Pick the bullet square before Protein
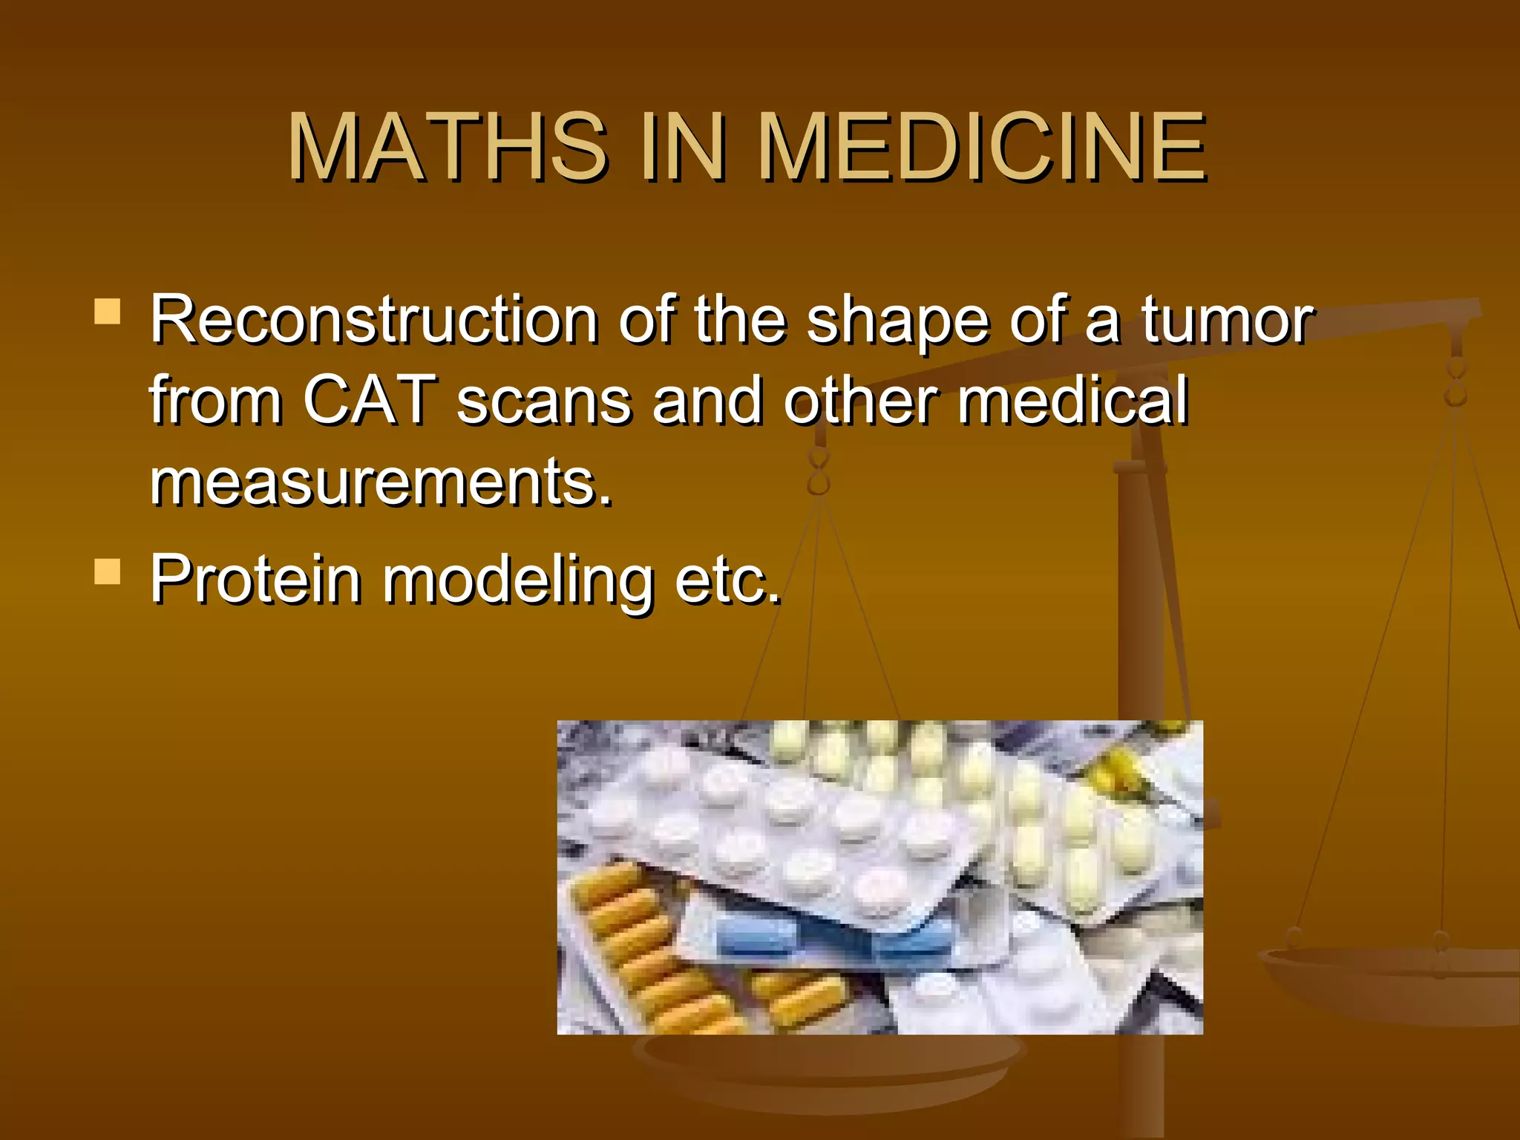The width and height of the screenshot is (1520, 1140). [108, 572]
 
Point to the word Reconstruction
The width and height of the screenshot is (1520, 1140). [374, 320]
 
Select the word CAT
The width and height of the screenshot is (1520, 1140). [369, 401]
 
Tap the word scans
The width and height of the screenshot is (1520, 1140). [543, 402]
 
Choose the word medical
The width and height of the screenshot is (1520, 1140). [1072, 401]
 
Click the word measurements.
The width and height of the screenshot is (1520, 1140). [380, 482]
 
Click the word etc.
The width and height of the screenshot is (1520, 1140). [727, 580]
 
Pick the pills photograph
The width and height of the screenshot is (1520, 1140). [879, 877]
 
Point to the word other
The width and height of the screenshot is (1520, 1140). [860, 401]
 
